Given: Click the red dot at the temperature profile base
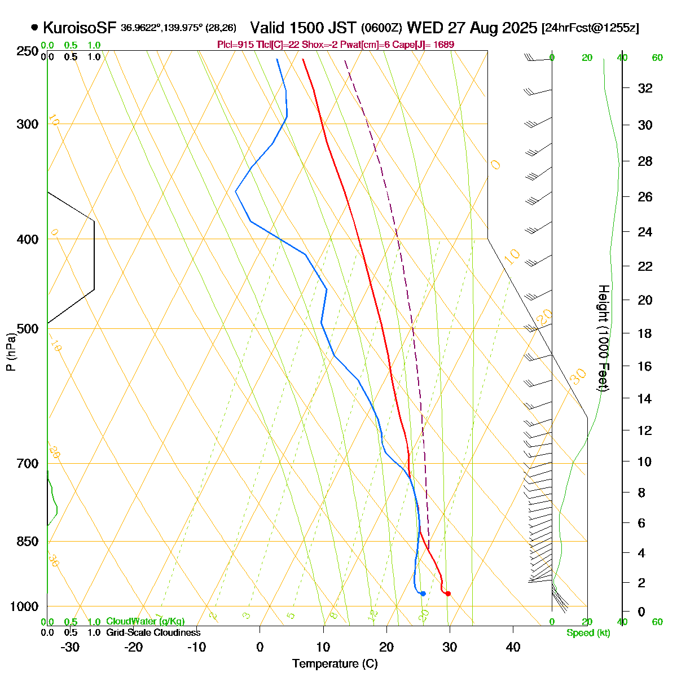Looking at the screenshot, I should [448, 594].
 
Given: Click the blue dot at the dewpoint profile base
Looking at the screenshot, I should [423, 594].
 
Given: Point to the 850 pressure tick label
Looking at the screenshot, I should [28, 542].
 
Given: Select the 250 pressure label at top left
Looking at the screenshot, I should [28, 52].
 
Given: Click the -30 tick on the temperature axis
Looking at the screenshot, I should [69, 647].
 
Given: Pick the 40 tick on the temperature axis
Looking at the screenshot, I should [513, 647].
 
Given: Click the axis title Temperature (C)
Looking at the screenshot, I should [335, 664].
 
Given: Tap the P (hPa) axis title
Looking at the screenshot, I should [11, 351].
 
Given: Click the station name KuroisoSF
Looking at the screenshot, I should [80, 28].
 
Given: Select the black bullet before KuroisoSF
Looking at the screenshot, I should [35, 27].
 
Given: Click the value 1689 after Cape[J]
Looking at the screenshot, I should [443, 45].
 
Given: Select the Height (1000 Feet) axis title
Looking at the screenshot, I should [603, 338].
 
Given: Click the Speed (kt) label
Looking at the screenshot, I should [588, 633].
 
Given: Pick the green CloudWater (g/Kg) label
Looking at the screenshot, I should [146, 622].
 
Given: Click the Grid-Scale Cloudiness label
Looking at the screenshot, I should [153, 633].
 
